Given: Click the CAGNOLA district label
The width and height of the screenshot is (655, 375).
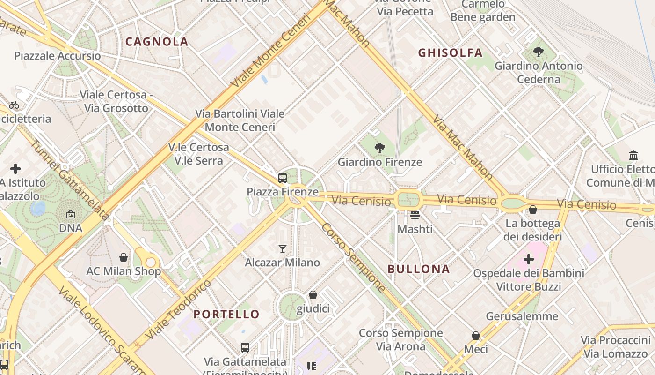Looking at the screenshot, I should (x=157, y=42).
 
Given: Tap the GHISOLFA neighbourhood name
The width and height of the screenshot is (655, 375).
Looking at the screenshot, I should (x=450, y=52).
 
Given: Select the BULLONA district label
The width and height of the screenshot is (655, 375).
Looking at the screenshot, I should (x=419, y=269).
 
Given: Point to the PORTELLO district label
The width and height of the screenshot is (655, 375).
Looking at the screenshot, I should (x=226, y=314).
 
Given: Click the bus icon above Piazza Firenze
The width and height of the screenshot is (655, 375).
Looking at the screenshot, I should (x=283, y=178).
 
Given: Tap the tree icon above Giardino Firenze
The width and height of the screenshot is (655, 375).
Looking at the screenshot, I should (x=379, y=149).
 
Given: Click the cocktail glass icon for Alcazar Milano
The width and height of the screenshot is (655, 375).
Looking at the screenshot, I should (x=283, y=248).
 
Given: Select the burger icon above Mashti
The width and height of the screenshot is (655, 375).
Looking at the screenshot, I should (x=415, y=215).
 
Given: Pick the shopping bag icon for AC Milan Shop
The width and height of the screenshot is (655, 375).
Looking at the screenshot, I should (x=124, y=257).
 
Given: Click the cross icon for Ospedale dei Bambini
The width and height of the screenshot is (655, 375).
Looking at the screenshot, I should (x=529, y=259).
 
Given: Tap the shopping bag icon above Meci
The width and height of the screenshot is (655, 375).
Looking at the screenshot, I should (x=476, y=336).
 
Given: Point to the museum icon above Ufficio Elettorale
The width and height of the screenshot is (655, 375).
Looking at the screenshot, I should (x=633, y=155).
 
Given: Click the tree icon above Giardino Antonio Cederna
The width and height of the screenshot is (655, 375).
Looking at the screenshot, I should (x=539, y=52).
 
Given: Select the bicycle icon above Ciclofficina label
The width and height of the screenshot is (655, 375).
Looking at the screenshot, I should (x=14, y=105).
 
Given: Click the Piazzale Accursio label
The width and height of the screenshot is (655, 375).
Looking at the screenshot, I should (x=57, y=56).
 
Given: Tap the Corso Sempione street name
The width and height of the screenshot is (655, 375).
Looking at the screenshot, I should (x=354, y=257).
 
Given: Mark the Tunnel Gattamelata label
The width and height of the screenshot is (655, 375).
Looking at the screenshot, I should (x=70, y=180).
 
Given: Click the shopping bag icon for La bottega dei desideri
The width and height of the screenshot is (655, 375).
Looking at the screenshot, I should (x=533, y=210).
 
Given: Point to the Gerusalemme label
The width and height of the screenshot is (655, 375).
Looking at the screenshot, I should (x=522, y=316).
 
